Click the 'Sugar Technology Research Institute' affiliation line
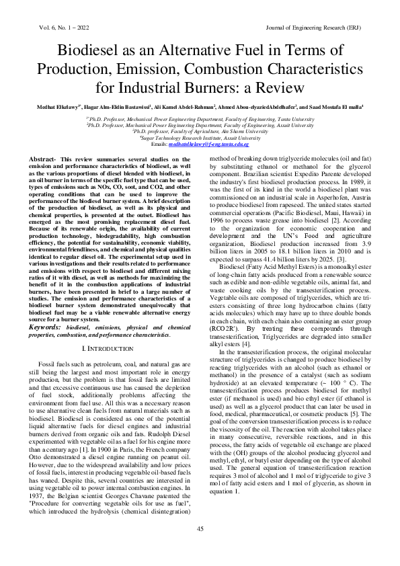pyautogui.click(x=200, y=138)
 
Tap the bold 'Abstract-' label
pyautogui.click(x=42, y=158)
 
